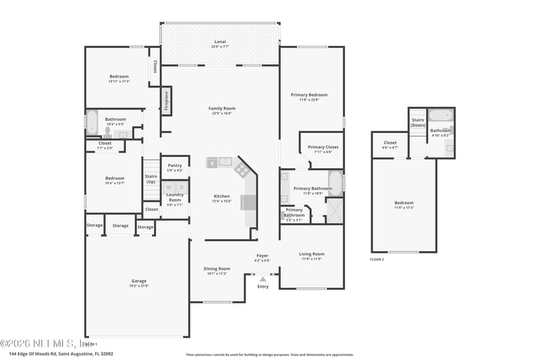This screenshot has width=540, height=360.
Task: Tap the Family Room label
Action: pos(221,108)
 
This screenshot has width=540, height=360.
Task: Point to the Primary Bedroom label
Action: pos(308,95)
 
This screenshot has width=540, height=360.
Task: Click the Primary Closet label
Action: pos(323,147)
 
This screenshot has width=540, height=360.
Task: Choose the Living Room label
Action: pos(311,254)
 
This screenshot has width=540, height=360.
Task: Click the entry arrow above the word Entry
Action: pos(263,278)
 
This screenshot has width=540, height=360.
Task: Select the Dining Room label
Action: pos(217,268)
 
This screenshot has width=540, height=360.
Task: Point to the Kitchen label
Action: pos(222,196)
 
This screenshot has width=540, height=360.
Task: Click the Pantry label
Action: pos(175,165)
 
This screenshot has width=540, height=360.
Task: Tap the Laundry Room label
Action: pos(175,197)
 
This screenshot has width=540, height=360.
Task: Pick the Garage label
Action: pos(139,280)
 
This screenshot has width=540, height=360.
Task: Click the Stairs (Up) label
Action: pos(151,179)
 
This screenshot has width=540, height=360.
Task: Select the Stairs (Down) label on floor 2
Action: pos(418,122)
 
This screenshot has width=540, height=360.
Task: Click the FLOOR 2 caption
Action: pos(377,259)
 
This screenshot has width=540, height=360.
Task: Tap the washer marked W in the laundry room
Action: pos(169,186)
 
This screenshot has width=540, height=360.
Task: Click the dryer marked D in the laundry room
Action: pos(181,186)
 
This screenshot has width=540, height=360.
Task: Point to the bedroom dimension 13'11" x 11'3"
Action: pos(119,81)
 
